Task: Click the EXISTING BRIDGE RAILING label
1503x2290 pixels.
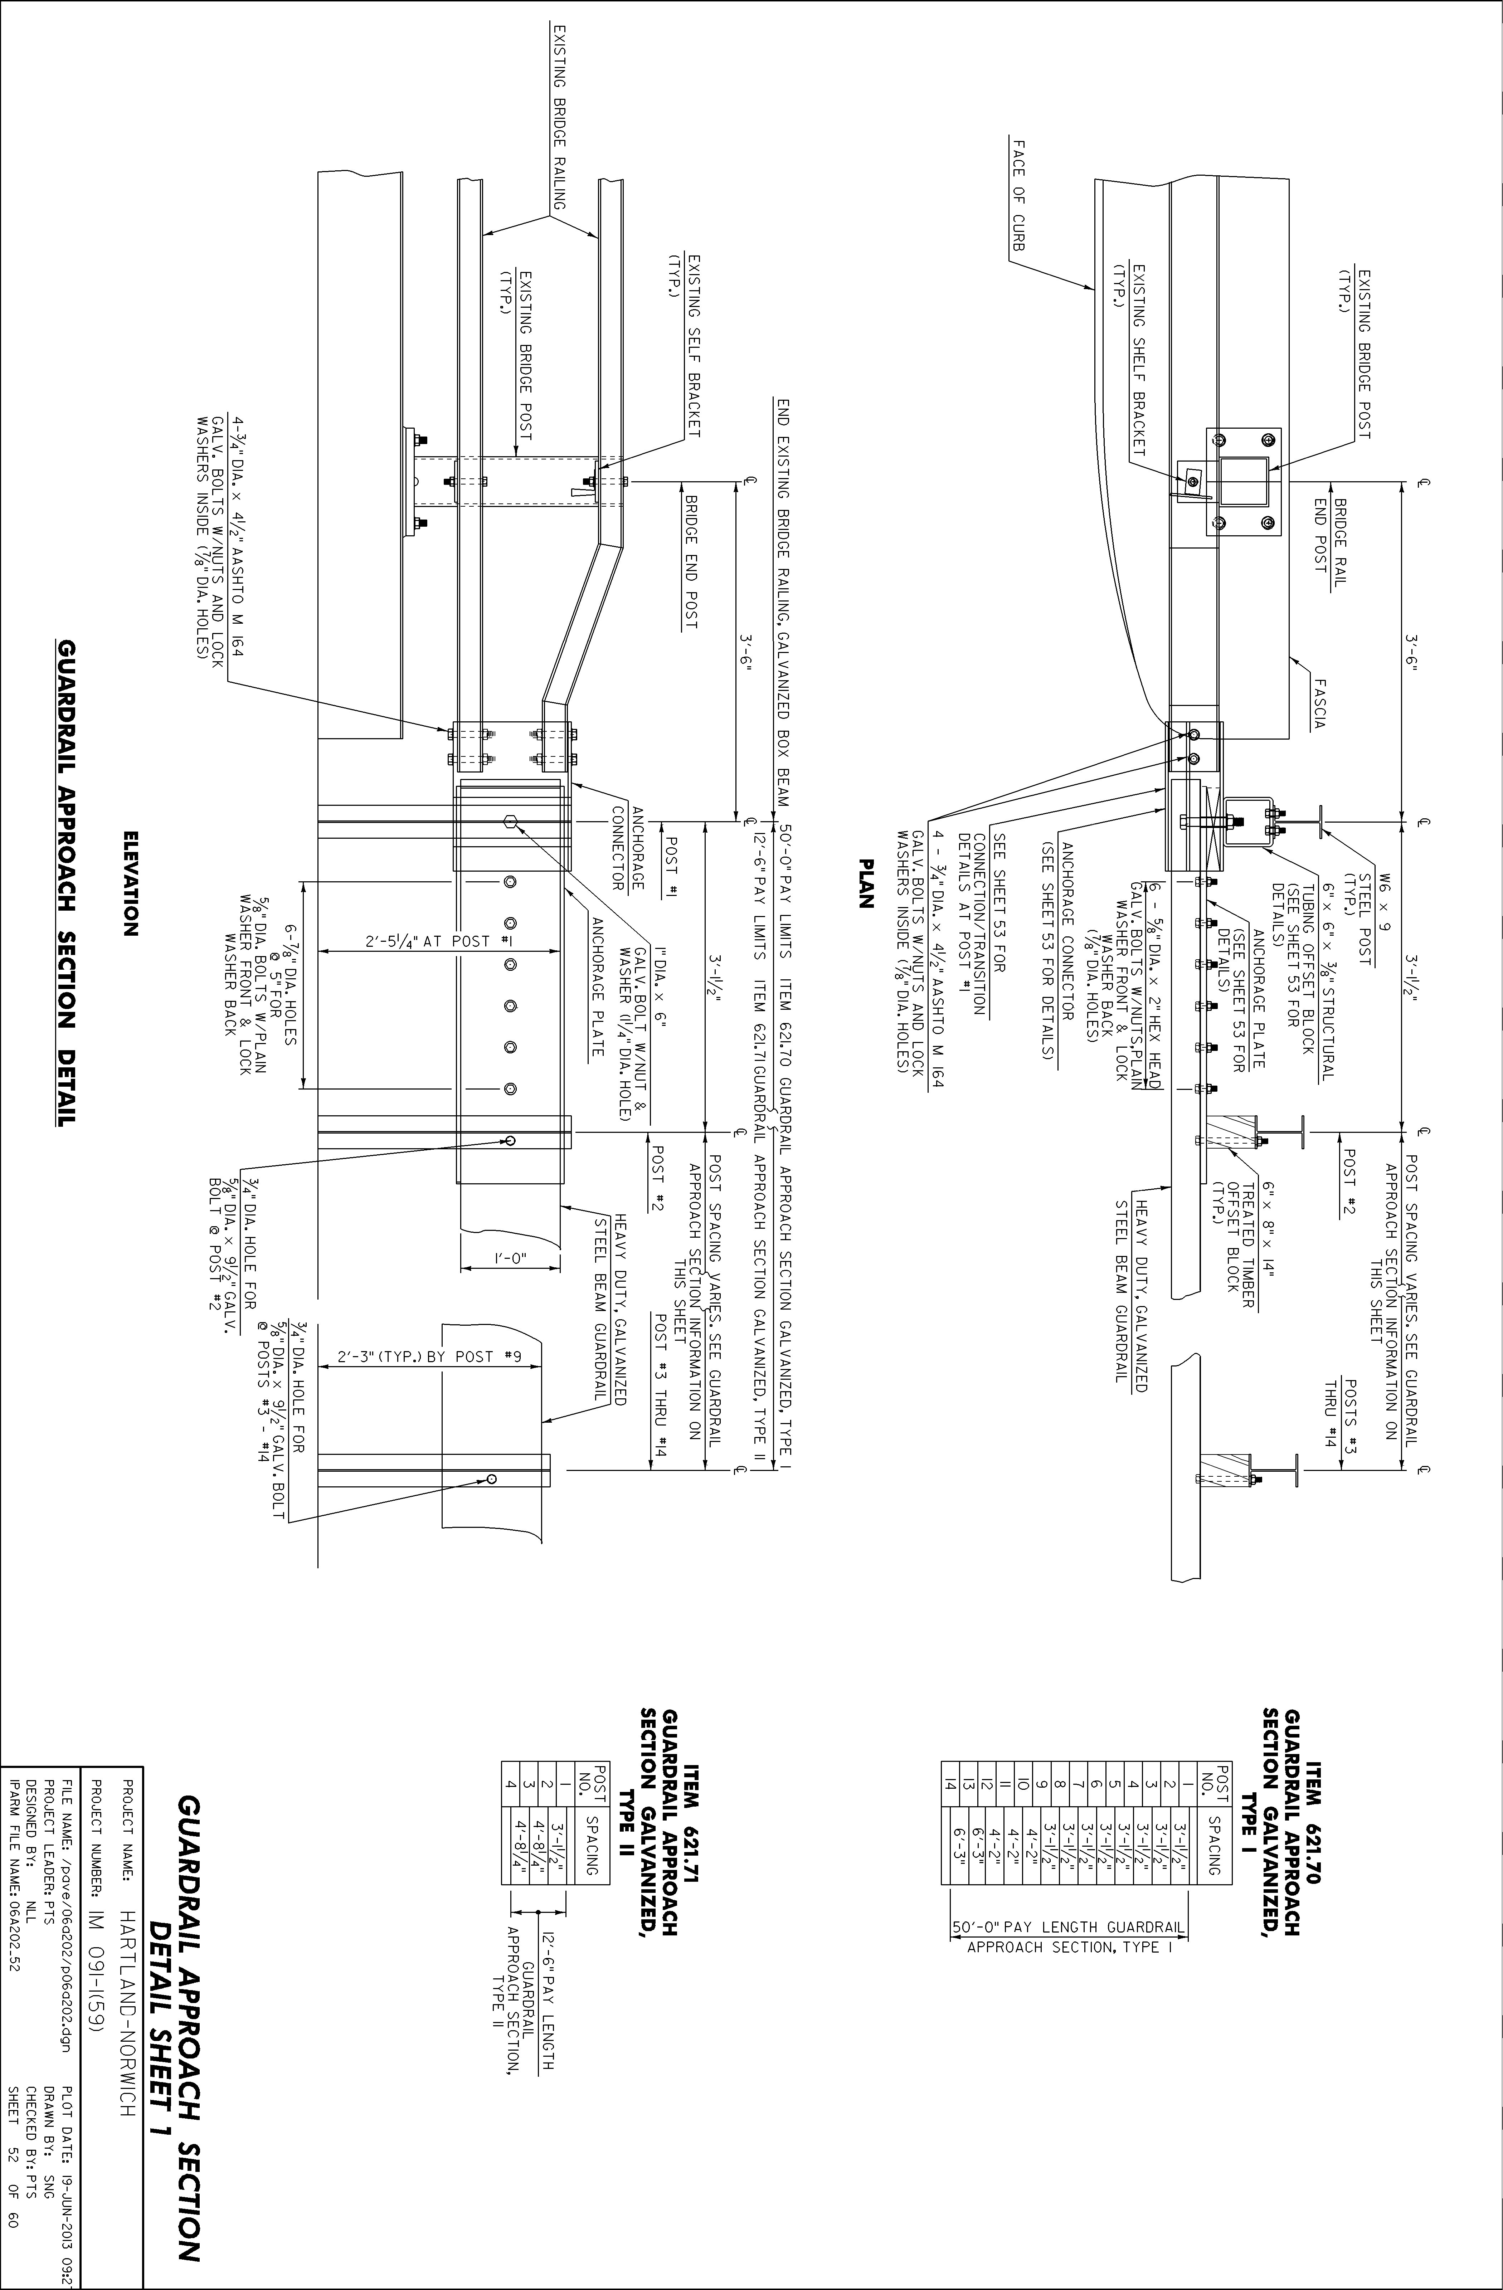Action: [x=556, y=116]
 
